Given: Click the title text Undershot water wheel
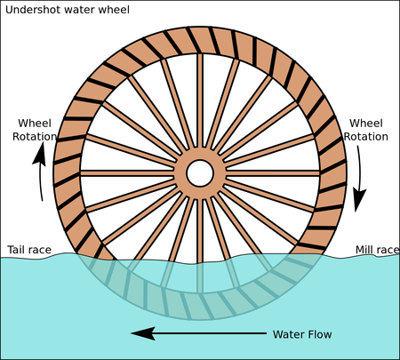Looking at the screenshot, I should [66, 10].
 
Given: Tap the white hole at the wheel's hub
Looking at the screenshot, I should [199, 172].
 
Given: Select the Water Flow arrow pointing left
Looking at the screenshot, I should [196, 334].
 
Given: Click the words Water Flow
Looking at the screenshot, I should [301, 334].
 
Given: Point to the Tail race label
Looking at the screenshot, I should [30, 250].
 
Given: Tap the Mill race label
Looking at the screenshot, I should [376, 250].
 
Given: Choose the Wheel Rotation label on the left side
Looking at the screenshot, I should [35, 130].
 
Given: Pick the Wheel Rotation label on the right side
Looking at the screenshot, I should [365, 130].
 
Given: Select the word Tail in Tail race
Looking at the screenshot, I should [18, 250].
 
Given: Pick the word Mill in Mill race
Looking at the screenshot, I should [365, 250].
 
